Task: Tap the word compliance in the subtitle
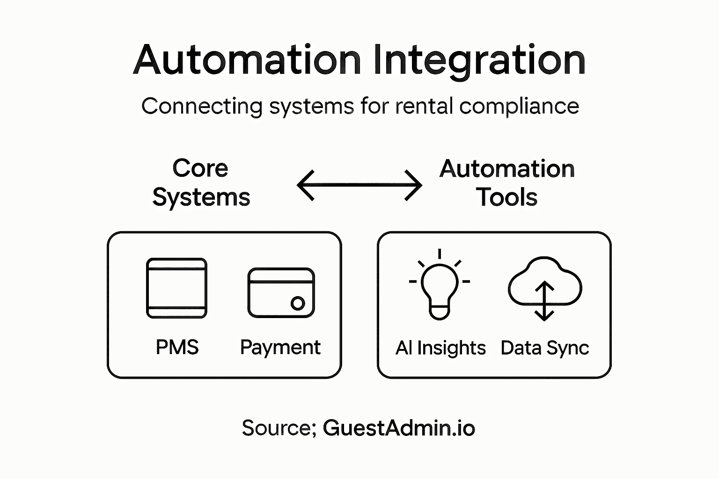pyautogui.click(x=519, y=106)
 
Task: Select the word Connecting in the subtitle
pyautogui.click(x=202, y=106)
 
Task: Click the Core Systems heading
pyautogui.click(x=201, y=183)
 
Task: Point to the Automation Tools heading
pyautogui.click(x=507, y=183)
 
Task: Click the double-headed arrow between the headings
pyautogui.click(x=359, y=185)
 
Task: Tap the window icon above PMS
pyautogui.click(x=176, y=288)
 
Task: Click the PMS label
pyautogui.click(x=177, y=348)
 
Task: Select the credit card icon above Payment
pyautogui.click(x=281, y=293)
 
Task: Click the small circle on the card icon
pyautogui.click(x=298, y=303)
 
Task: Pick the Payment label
pyautogui.click(x=280, y=348)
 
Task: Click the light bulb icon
pyautogui.click(x=440, y=290)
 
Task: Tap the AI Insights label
pyautogui.click(x=440, y=348)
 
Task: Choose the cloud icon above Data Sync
pyautogui.click(x=544, y=281)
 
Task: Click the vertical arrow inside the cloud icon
pyautogui.click(x=544, y=301)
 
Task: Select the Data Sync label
pyautogui.click(x=544, y=348)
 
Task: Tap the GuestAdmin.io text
pyautogui.click(x=399, y=428)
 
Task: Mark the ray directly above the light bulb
pyautogui.click(x=440, y=254)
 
